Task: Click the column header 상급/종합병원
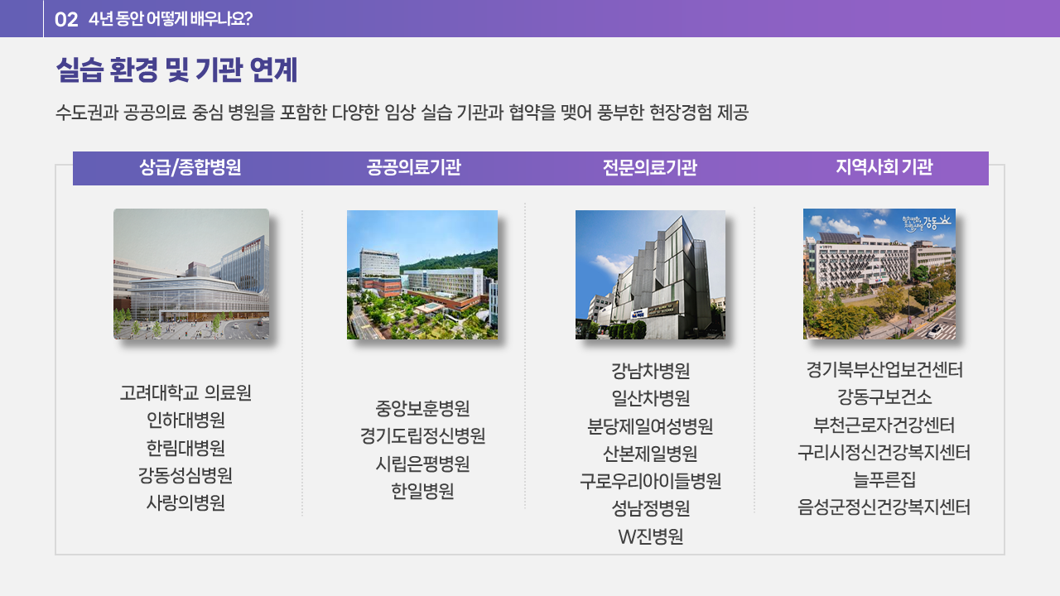(x=190, y=167)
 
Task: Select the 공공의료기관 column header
(x=413, y=167)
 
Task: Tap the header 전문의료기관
(x=650, y=167)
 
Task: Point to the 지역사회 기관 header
(x=884, y=167)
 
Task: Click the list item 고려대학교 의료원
(x=185, y=392)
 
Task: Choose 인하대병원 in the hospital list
(x=185, y=420)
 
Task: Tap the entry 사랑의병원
(x=185, y=502)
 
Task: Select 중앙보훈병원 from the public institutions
(x=422, y=409)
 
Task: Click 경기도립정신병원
(x=422, y=436)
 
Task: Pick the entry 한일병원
(x=422, y=492)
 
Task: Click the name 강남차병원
(x=651, y=371)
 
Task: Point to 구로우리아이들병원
(x=651, y=481)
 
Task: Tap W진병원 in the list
(x=651, y=536)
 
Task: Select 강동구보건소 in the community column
(x=884, y=397)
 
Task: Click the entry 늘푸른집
(x=884, y=479)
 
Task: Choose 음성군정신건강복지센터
(x=884, y=507)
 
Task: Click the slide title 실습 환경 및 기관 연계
(x=176, y=70)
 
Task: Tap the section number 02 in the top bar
(x=66, y=19)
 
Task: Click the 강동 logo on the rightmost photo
(x=927, y=222)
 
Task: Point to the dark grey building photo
(x=650, y=274)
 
